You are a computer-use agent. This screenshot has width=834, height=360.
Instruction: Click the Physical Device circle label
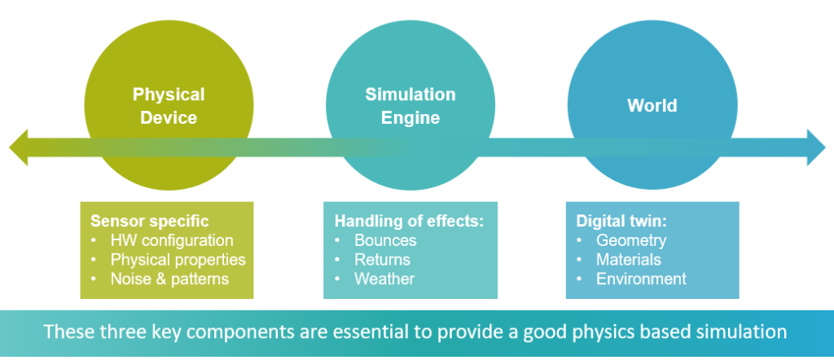(x=169, y=106)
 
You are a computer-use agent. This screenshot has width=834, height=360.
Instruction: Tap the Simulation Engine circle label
(x=410, y=106)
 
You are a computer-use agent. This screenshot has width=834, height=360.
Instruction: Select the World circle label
(x=652, y=106)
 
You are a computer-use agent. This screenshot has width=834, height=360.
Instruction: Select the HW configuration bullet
(x=172, y=240)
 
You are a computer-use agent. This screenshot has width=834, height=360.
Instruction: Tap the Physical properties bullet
(x=178, y=260)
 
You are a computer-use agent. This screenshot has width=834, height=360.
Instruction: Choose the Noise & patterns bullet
(x=169, y=279)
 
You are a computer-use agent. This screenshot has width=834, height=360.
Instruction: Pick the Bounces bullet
(x=385, y=240)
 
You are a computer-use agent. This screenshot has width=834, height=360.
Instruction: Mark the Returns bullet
(x=382, y=260)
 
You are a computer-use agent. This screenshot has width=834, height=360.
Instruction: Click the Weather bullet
(x=384, y=279)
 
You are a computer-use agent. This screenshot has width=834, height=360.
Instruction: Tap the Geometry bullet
(x=631, y=240)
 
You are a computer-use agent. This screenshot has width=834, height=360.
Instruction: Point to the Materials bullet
(x=629, y=260)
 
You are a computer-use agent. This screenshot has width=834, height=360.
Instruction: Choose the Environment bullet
(x=642, y=279)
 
